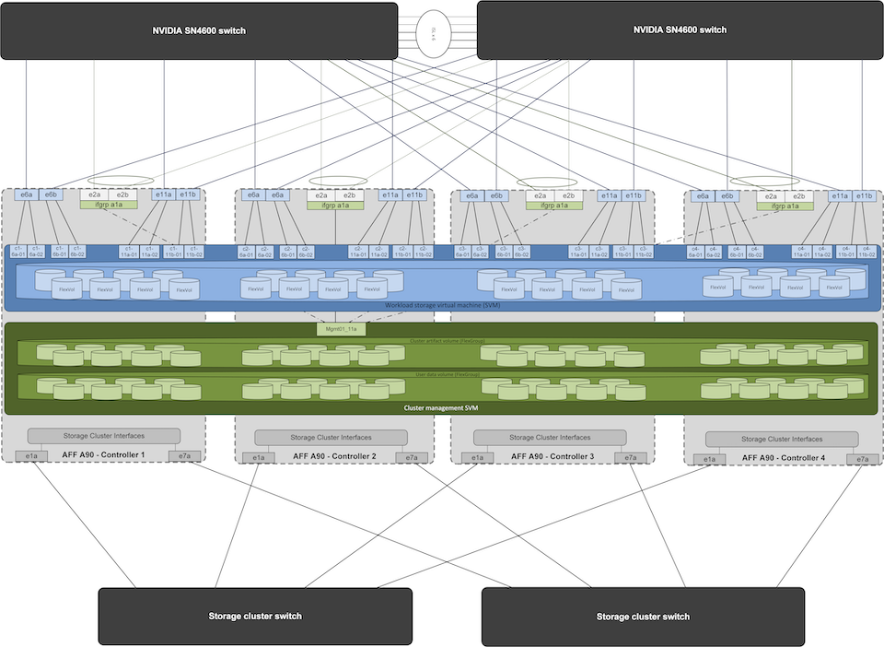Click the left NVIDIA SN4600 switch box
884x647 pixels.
(199, 30)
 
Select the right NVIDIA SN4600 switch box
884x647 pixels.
(680, 30)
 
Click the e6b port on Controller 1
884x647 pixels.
(51, 195)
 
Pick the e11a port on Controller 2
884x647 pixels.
(390, 195)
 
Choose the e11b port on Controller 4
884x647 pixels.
(863, 195)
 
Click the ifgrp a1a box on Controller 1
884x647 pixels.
(108, 206)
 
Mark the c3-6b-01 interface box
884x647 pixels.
(503, 251)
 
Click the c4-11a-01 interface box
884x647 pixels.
(800, 251)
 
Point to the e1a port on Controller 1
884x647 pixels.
(31, 456)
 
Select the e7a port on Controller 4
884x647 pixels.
(862, 459)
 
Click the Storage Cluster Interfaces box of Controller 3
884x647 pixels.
(550, 438)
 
